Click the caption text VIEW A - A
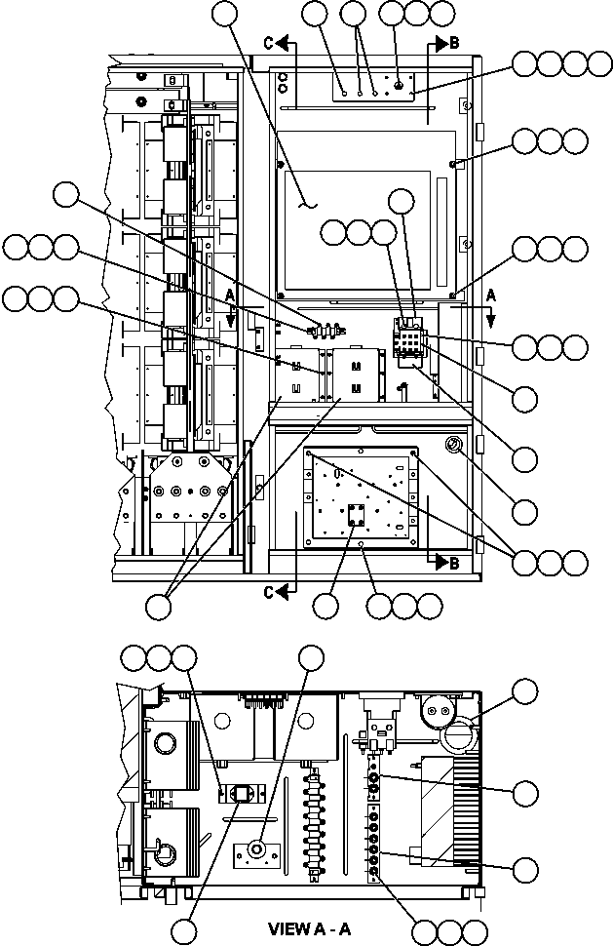[309, 929]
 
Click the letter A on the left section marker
[230, 294]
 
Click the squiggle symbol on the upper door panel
[308, 204]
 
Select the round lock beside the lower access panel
[454, 446]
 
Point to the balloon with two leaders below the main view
[158, 606]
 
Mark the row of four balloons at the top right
[550, 64]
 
